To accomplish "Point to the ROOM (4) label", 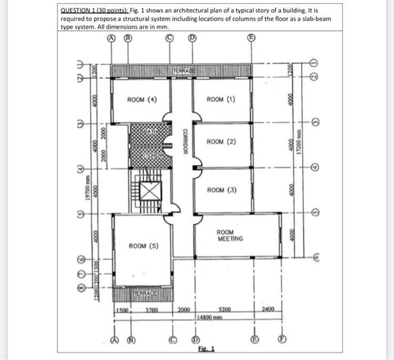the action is (142, 100).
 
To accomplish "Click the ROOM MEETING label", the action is (230, 235).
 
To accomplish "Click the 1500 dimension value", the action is (122, 309).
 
